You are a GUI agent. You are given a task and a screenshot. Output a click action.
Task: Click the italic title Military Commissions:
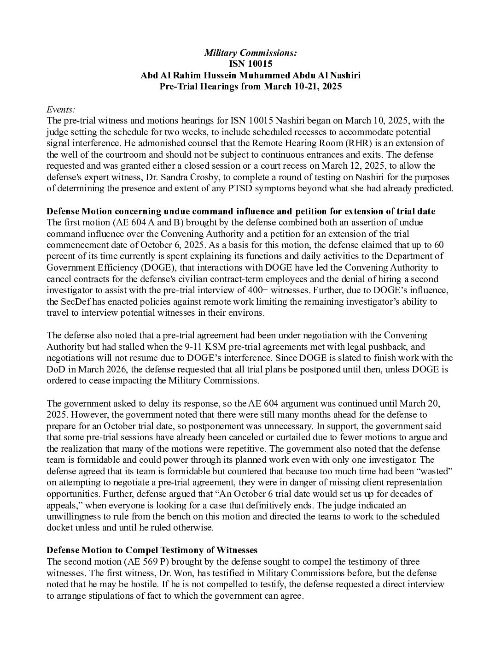[250, 53]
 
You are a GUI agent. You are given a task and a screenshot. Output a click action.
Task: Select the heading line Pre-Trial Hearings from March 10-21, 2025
[250, 87]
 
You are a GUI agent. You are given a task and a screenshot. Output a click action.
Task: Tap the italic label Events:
[61, 109]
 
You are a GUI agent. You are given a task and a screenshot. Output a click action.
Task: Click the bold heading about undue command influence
[241, 211]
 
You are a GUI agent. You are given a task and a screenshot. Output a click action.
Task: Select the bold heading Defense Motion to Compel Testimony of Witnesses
[152, 550]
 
